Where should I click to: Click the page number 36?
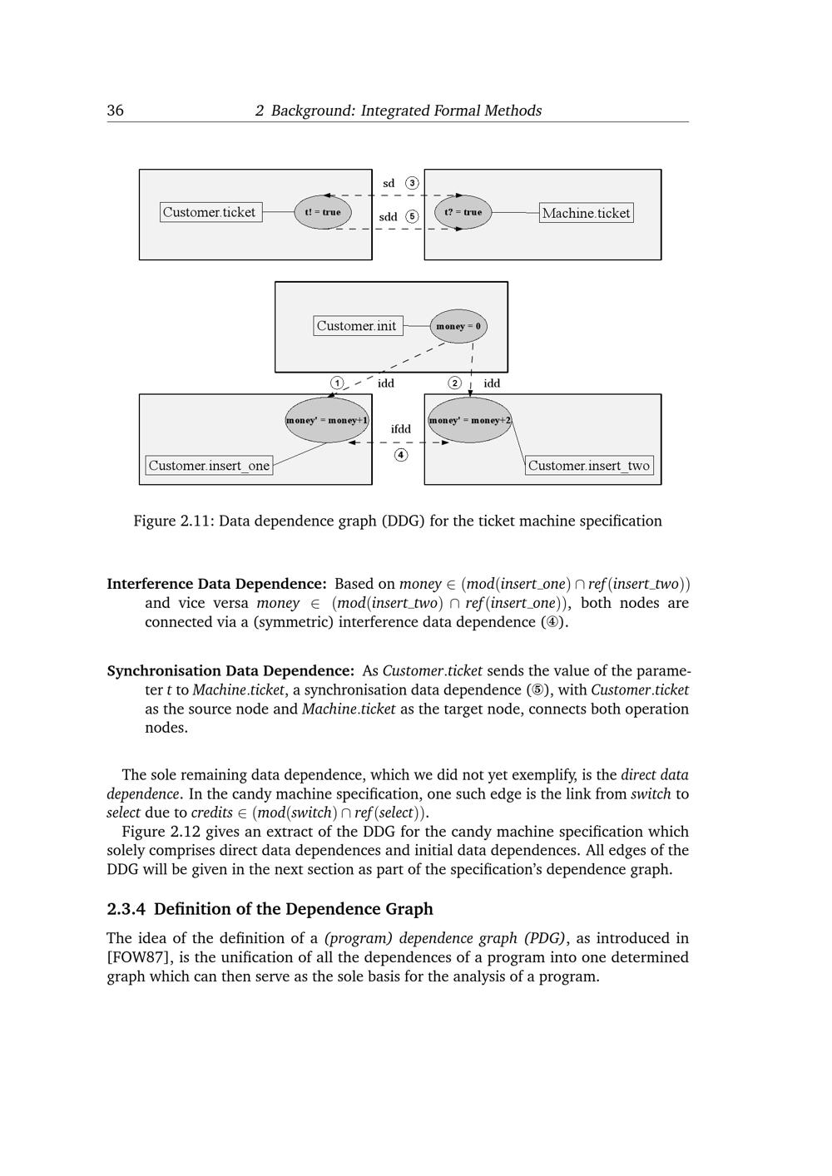116,111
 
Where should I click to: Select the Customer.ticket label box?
210,212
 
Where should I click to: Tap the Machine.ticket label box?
586,213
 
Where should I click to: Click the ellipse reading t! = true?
323,212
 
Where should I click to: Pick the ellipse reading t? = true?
463,212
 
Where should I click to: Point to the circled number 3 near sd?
412,183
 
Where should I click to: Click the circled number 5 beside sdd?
412,216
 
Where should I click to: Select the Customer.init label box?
357,326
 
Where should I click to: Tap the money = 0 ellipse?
458,326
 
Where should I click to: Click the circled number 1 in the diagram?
336,383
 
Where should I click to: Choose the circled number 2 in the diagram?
454,383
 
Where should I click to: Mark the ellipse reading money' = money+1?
327,420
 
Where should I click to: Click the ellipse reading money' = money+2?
469,420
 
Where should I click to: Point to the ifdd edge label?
401,429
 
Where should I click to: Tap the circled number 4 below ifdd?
401,455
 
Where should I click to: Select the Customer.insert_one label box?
209,466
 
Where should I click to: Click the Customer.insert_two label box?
589,466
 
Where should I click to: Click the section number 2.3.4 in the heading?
126,909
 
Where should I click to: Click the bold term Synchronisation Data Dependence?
230,670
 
